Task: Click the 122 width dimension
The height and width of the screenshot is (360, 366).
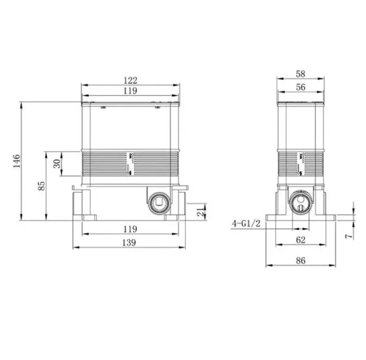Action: tap(130, 80)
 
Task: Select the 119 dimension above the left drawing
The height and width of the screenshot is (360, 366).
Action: tap(130, 91)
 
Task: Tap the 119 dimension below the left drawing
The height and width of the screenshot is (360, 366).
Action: tap(130, 229)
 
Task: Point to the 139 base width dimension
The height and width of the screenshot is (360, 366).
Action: tap(129, 243)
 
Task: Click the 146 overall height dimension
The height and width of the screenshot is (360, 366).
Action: tap(17, 161)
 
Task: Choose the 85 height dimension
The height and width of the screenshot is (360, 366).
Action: tap(41, 186)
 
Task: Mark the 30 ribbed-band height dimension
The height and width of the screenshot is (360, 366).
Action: tap(57, 164)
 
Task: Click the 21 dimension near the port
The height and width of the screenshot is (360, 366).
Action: tap(201, 212)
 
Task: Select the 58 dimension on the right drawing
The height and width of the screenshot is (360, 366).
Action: tap(301, 74)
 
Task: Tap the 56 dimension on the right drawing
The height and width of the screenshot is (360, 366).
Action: tap(301, 87)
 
